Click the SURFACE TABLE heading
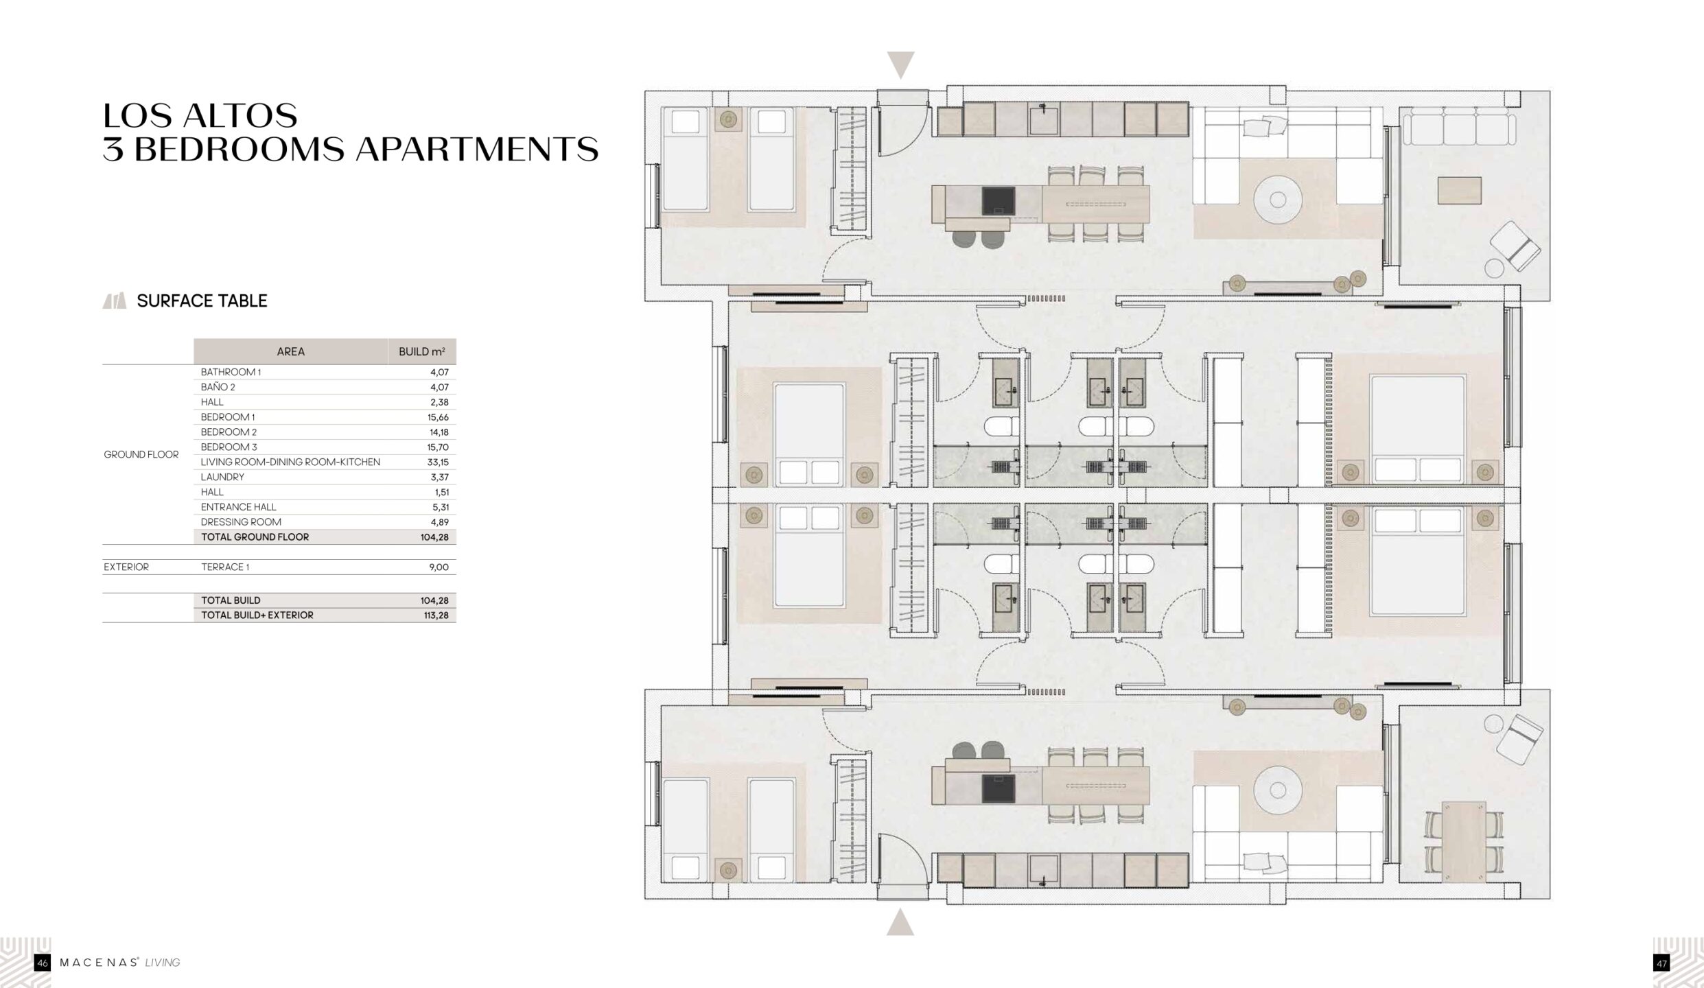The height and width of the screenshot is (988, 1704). (202, 301)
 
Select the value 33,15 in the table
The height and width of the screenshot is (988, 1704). (438, 462)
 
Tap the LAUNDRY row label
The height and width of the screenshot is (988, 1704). (222, 477)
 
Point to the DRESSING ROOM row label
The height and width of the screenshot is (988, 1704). (241, 522)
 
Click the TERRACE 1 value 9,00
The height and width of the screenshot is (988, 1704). (439, 567)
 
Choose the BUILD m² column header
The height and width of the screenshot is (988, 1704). (422, 351)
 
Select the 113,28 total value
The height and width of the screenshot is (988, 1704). (436, 615)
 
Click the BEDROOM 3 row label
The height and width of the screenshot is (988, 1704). (229, 447)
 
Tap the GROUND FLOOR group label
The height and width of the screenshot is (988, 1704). (141, 454)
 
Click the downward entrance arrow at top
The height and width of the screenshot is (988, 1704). (901, 64)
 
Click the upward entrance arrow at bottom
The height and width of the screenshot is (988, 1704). (900, 922)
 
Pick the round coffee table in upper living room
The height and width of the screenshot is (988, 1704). (1278, 200)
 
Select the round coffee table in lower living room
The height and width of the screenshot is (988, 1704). (1278, 790)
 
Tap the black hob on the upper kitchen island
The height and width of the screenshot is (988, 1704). (998, 200)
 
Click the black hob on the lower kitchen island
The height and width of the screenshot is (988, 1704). (998, 789)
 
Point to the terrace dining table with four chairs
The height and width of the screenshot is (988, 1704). (1464, 843)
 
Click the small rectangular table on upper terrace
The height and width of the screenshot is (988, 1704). (1460, 190)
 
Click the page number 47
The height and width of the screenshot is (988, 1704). (1661, 963)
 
